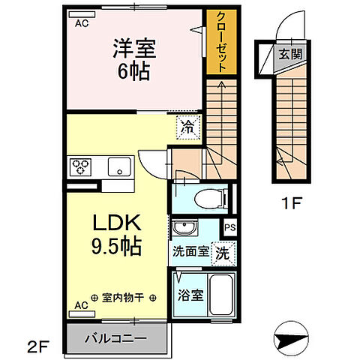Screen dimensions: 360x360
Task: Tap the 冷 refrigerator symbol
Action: click(x=189, y=127)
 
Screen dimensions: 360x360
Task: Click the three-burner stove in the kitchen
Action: click(x=81, y=165)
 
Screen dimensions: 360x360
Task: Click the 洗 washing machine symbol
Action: click(x=223, y=253)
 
